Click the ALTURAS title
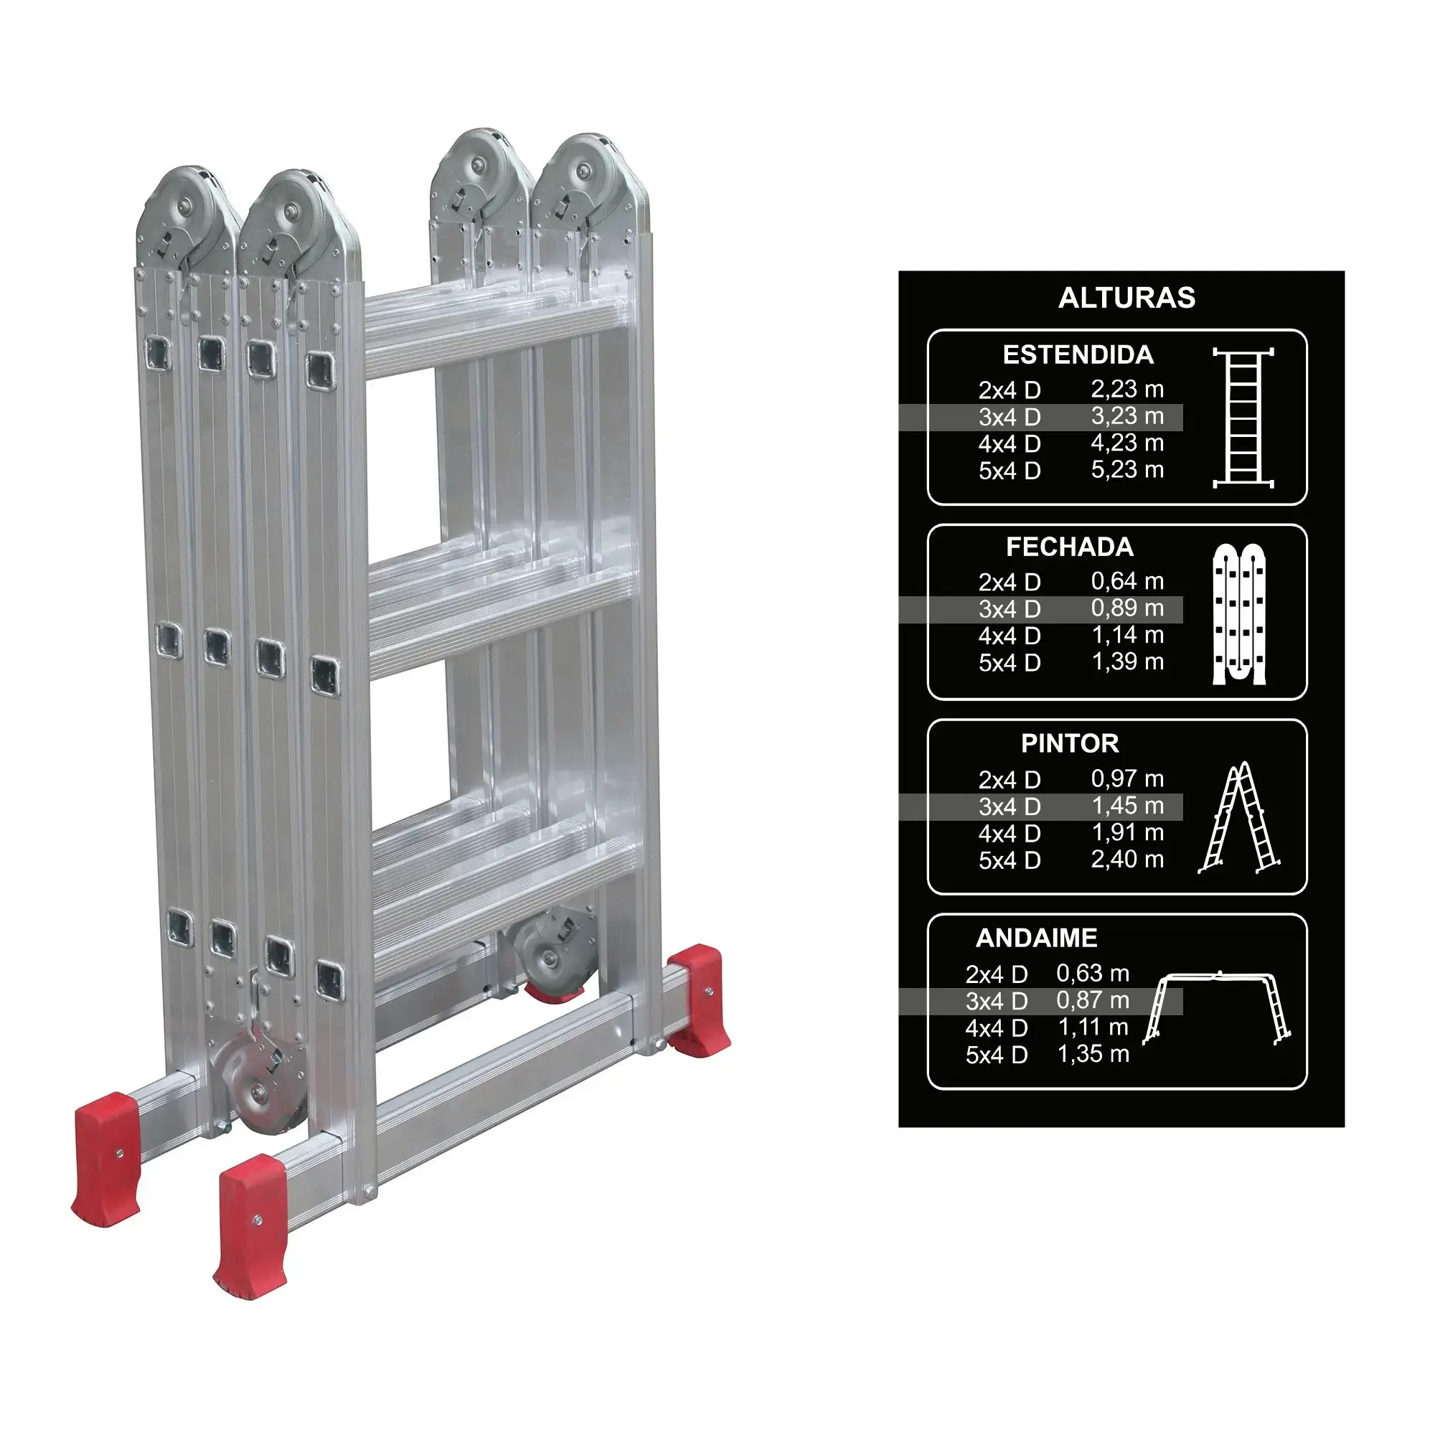tap(1126, 298)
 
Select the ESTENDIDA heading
tap(1078, 355)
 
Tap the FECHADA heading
tap(1070, 547)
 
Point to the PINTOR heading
tap(1070, 743)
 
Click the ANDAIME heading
tap(1036, 938)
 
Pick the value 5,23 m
tap(1127, 470)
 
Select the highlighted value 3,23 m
tap(1127, 417)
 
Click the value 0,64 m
tap(1127, 582)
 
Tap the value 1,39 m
tap(1127, 662)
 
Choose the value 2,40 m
tap(1127, 860)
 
